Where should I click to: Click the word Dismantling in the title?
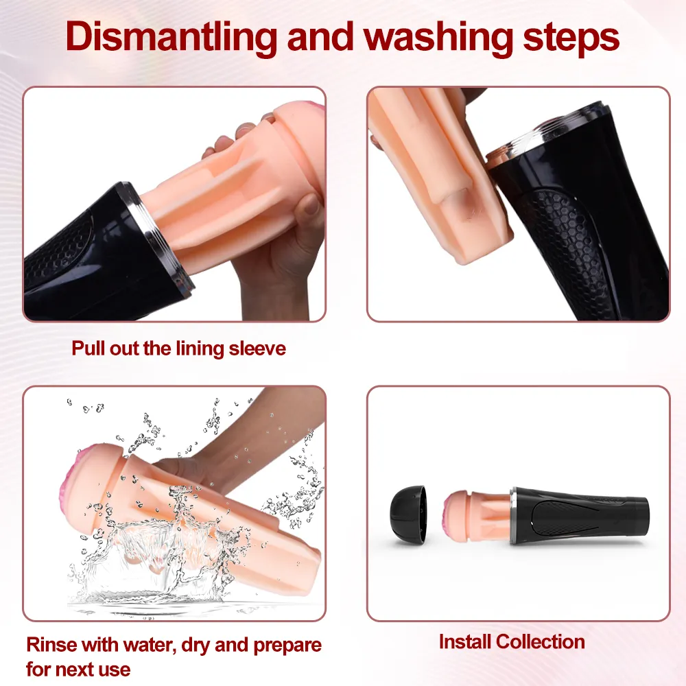(171, 38)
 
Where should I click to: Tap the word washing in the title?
(439, 38)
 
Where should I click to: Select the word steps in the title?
(571, 38)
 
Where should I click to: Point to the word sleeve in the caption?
(257, 348)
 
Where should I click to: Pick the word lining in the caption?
(200, 349)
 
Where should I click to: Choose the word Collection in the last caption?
(541, 642)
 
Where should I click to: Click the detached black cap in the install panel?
(407, 514)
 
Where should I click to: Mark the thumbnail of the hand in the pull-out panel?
(311, 204)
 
